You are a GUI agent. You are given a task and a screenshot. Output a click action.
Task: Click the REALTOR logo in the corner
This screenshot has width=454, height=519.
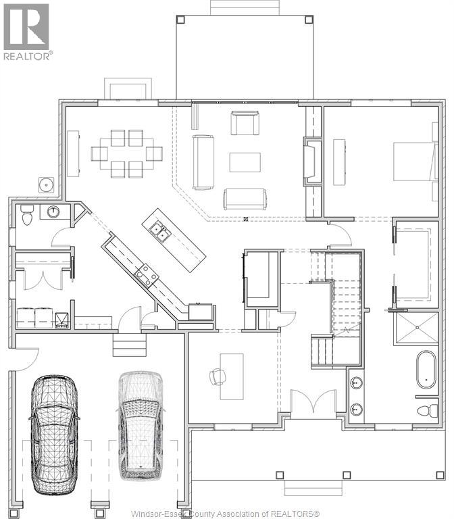click(27, 30)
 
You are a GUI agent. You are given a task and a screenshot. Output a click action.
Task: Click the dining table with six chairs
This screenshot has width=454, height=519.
click(126, 153)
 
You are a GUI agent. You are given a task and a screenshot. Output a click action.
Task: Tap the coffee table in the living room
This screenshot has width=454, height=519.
click(245, 162)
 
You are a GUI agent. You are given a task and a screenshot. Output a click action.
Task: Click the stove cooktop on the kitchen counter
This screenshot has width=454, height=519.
click(146, 274)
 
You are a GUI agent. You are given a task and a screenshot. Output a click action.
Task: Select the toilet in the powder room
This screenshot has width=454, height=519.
click(28, 216)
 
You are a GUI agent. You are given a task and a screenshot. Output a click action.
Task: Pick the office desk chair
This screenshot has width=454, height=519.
click(218, 376)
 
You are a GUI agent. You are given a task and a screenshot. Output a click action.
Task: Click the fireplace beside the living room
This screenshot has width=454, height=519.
click(313, 159)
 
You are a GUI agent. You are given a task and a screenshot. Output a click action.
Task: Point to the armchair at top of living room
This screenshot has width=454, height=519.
click(244, 123)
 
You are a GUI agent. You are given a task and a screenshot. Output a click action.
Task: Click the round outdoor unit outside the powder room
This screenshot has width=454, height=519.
click(47, 183)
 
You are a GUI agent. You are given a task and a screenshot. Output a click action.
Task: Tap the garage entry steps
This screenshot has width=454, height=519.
click(129, 347)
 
